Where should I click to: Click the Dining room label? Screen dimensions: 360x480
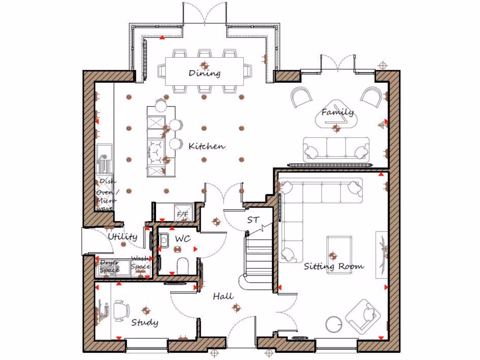[204, 73]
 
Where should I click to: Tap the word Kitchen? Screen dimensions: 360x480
[206, 146]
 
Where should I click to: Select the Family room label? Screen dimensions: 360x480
[337, 112]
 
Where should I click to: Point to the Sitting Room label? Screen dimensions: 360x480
[334, 266]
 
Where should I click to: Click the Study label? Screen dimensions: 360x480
[144, 322]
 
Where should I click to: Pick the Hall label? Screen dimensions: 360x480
[223, 296]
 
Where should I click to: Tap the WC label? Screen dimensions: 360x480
[182, 239]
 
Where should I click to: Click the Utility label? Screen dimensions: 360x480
[122, 237]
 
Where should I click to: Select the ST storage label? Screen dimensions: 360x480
[253, 219]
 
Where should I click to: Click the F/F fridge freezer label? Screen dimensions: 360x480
[182, 215]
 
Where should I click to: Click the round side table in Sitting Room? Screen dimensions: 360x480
[334, 324]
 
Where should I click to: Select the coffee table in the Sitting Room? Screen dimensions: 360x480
[339, 248]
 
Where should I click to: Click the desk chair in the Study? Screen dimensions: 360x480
[121, 310]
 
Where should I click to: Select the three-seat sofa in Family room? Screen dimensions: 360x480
[336, 148]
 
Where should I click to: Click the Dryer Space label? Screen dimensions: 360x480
[109, 266]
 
